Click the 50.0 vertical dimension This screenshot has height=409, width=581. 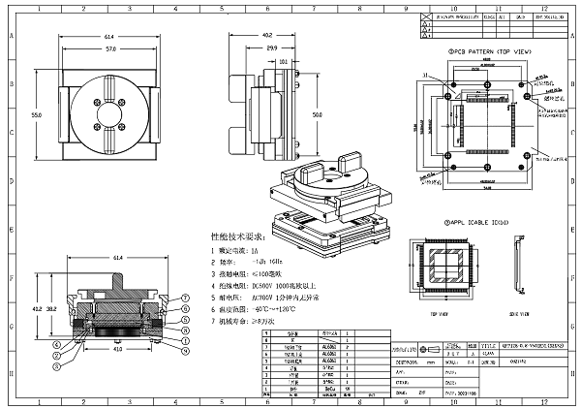[317, 114]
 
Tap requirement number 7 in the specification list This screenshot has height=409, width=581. [213, 319]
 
